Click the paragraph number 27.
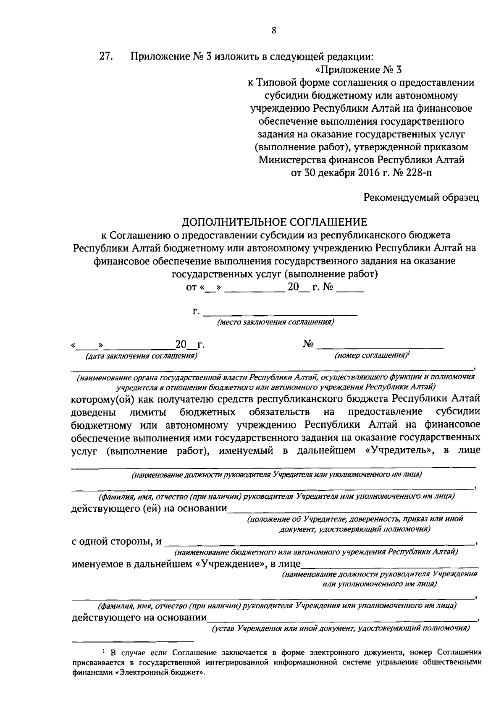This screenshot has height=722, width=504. (105, 56)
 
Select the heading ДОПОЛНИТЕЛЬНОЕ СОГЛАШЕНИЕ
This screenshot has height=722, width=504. (274, 222)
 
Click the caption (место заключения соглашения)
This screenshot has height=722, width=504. (275, 322)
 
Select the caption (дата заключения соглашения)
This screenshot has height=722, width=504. (141, 356)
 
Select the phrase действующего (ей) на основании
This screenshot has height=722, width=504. (149, 509)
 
